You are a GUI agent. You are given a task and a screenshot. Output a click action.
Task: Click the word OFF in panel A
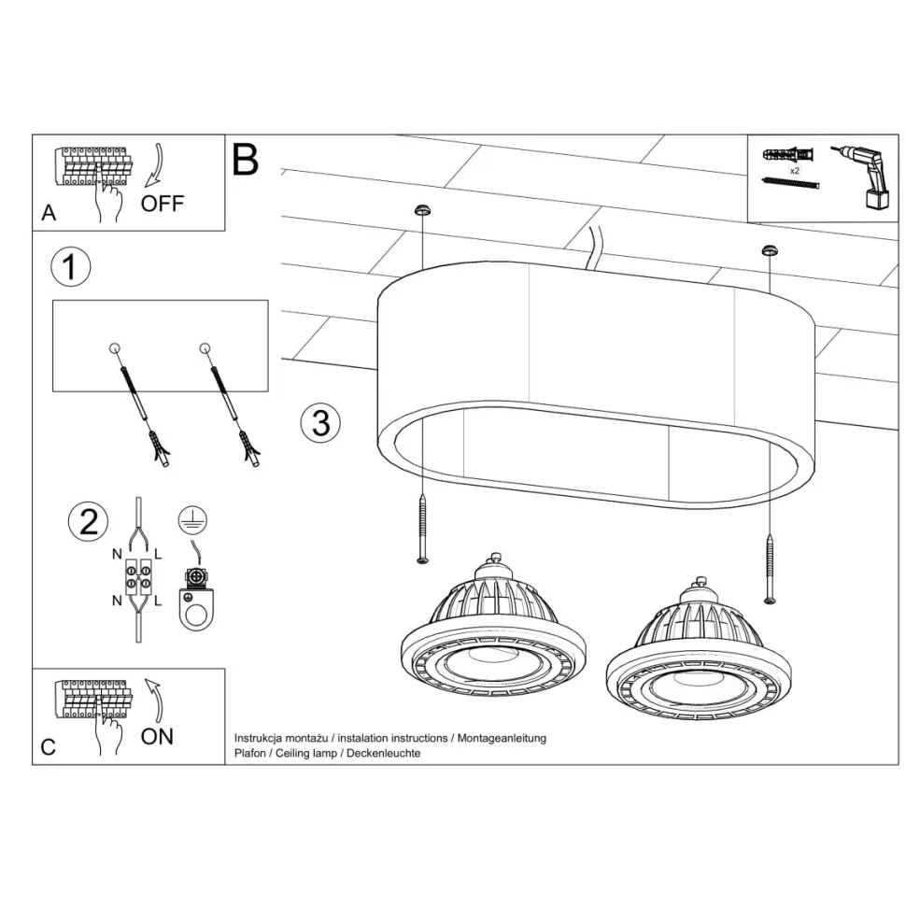pos(163,204)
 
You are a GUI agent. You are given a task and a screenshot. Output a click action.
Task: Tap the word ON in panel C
pos(157,737)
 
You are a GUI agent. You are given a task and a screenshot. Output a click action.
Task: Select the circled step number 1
pos(70,267)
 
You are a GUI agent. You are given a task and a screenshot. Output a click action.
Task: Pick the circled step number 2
pos(88,522)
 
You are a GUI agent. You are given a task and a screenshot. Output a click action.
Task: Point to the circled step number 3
pos(320,422)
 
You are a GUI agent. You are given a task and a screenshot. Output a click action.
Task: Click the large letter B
pos(245,160)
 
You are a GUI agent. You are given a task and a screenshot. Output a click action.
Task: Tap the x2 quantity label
pos(795,170)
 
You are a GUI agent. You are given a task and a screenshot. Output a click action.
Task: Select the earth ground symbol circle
pos(192,519)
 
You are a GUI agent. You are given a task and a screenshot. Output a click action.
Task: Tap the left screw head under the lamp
pos(423,559)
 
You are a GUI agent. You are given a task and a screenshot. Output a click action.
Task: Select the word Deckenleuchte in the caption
pos(384,754)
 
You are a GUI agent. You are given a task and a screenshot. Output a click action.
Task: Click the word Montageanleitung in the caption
pos(502,739)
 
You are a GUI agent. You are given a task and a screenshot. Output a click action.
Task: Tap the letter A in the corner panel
pos(50,213)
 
